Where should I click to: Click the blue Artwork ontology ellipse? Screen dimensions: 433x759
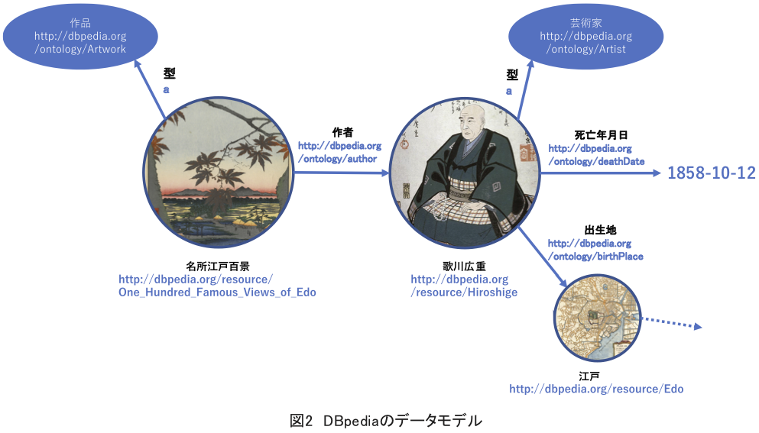tap(80, 36)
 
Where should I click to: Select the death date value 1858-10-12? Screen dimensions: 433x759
tap(711, 173)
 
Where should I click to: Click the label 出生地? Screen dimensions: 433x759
tap(600, 230)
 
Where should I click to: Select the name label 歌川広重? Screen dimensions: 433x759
tap(464, 267)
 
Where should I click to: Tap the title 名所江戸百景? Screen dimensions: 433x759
tap(217, 267)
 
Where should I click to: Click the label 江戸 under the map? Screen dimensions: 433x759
tap(589, 376)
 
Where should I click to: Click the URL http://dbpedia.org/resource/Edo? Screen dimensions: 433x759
tap(596, 389)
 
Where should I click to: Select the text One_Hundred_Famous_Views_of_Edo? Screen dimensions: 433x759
tap(217, 292)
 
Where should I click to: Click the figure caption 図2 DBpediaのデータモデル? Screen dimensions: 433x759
tap(386, 420)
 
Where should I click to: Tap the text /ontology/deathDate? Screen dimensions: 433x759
tap(596, 162)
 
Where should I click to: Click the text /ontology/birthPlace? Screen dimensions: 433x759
tap(595, 257)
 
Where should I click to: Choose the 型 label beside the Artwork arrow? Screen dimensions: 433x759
tap(169, 74)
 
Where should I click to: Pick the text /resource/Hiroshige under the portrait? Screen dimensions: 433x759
tap(464, 292)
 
